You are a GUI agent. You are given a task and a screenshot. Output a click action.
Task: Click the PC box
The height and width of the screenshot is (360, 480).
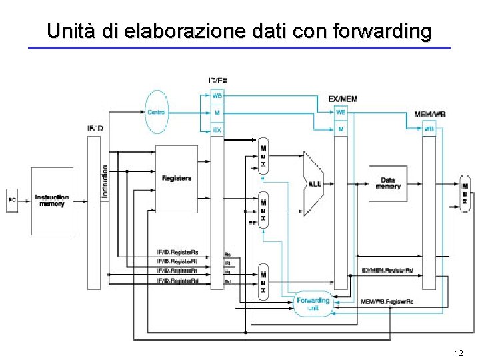[12, 199]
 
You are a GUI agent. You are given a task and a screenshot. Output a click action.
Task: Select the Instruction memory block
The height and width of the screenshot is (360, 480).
[51, 200]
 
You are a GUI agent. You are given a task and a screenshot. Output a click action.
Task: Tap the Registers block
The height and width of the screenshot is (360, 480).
[177, 179]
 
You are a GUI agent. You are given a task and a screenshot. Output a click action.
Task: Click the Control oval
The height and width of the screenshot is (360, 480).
[157, 112]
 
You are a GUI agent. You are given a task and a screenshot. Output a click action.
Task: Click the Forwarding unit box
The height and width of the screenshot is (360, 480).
[313, 304]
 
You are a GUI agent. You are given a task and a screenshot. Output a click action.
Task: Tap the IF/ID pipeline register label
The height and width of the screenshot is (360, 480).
[95, 127]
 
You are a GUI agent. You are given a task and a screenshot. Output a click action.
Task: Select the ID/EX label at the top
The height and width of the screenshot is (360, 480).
[217, 81]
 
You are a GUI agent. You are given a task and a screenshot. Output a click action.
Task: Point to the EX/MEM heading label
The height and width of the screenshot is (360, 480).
[343, 99]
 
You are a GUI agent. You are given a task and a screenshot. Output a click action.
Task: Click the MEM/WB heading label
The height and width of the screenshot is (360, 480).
[430, 114]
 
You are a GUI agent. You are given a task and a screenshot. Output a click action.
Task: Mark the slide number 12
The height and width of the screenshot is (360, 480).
[458, 351]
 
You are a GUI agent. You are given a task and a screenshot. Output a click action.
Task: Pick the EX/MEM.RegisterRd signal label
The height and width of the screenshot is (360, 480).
[386, 270]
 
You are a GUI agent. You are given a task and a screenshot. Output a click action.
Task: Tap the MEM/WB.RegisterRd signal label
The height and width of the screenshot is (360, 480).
[387, 301]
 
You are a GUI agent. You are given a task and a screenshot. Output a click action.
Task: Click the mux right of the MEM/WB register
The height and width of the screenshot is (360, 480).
[465, 194]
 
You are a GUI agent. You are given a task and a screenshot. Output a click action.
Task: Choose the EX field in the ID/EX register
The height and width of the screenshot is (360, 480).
[217, 131]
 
